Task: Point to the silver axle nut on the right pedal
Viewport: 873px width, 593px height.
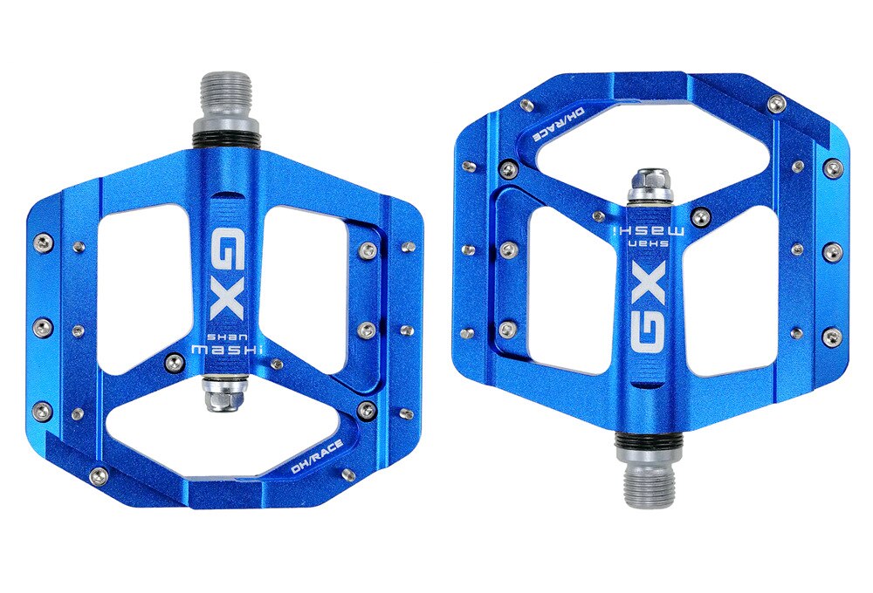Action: (x=650, y=184)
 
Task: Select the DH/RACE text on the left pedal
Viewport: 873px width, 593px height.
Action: (x=318, y=459)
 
